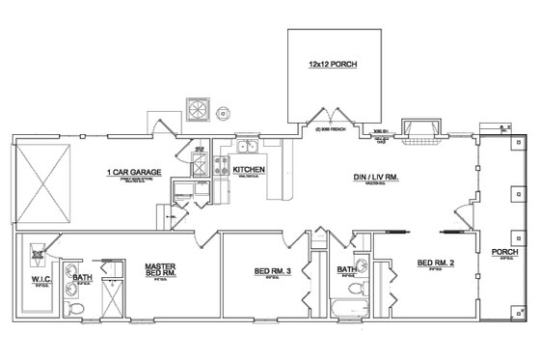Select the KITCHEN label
pos(247,170)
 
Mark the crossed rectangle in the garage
pos(43,182)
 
